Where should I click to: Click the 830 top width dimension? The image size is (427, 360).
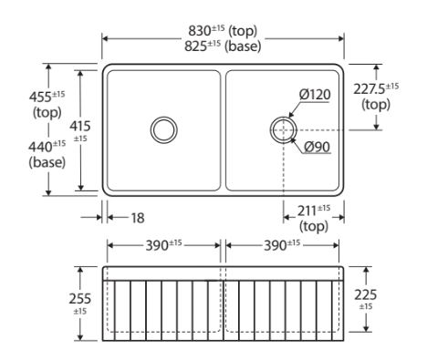pos(223,30)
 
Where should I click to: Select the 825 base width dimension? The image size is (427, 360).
pos(223,46)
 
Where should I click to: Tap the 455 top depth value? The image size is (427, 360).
pos(47,97)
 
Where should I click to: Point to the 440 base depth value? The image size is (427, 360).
pos(47,147)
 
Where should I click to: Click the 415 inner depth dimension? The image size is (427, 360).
pos(80,130)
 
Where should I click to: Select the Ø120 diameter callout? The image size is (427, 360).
pos(315,95)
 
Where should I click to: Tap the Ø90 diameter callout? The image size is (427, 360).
pos(318,147)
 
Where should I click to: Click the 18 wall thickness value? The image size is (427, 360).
pos(138,218)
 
